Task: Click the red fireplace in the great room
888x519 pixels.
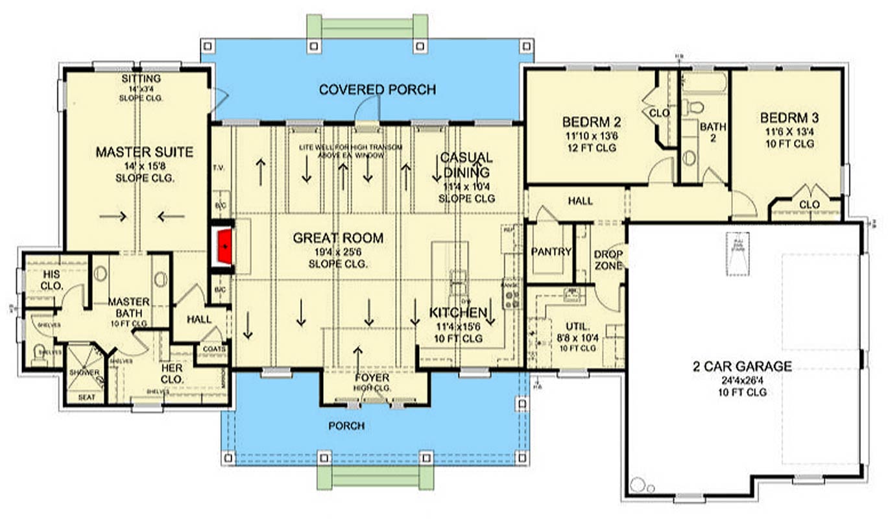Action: [x=223, y=247]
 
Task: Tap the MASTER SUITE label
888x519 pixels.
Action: [x=144, y=152]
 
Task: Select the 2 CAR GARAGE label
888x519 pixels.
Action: [x=741, y=367]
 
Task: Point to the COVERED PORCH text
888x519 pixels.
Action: [x=377, y=90]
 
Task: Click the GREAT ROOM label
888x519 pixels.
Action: [x=338, y=238]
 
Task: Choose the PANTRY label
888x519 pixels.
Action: [x=551, y=252]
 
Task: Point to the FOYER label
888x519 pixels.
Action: [x=372, y=378]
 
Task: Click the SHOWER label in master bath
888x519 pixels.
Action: [x=84, y=373]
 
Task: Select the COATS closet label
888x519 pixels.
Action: [x=214, y=349]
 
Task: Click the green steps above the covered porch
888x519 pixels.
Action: [x=367, y=26]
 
